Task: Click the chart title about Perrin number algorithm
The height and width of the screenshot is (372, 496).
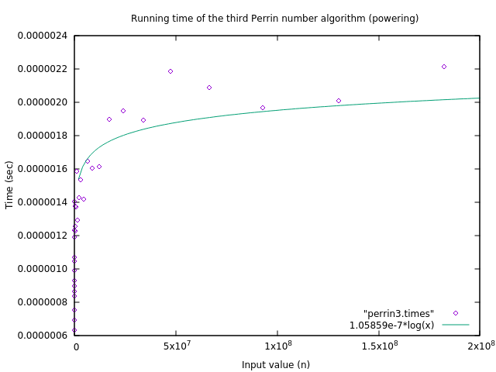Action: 274,19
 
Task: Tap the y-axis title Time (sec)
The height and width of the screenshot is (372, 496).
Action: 9,184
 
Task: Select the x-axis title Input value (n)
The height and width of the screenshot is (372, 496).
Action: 275,364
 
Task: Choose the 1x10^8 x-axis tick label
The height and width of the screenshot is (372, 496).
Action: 277,346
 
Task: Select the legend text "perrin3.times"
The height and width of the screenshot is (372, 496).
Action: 398,313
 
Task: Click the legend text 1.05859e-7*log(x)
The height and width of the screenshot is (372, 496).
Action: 391,325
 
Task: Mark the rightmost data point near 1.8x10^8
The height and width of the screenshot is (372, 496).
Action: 444,67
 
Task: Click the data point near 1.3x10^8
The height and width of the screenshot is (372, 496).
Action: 339,101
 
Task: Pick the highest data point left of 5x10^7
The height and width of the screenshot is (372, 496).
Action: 170,71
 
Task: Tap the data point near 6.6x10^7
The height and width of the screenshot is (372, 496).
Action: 209,88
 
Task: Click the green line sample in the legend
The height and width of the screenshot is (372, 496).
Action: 456,325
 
